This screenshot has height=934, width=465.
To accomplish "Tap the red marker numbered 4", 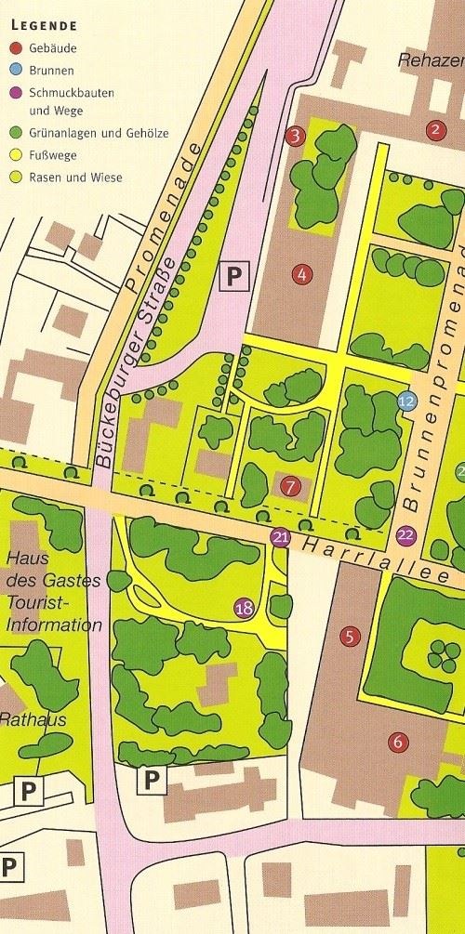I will point(299,273).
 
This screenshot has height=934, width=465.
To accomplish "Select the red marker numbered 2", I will point(434,129).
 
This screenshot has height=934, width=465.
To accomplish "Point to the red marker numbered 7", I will point(290,485).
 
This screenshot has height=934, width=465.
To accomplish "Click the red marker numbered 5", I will point(349,637).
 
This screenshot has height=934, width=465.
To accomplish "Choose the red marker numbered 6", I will point(398,742).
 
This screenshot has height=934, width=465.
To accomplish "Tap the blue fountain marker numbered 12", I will point(406,401).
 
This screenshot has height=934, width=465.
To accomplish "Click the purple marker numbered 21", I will point(280,537).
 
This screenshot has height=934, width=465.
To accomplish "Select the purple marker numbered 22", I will point(405,534).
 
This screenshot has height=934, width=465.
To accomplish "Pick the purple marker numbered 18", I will point(244,609).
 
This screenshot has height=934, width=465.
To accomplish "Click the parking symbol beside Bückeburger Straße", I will point(234,275).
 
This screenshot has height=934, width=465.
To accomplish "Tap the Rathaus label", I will point(29,718).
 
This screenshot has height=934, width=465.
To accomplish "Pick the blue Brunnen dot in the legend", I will point(14,70).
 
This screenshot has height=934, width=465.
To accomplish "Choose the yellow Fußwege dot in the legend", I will point(14,155).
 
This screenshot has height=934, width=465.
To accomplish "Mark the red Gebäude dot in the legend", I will point(14,48).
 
